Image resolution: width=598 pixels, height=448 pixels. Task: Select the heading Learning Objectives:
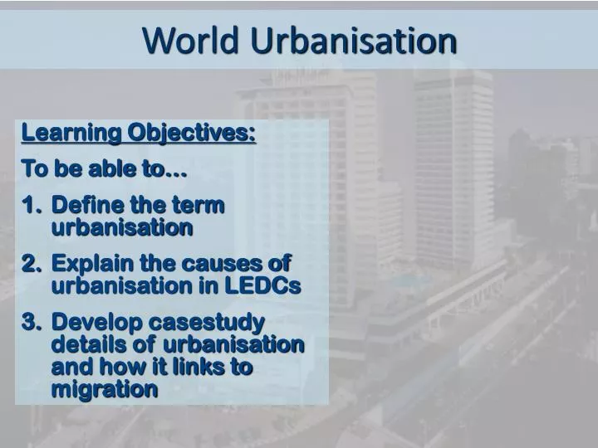[139, 133]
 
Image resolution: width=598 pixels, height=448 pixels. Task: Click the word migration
[105, 389]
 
